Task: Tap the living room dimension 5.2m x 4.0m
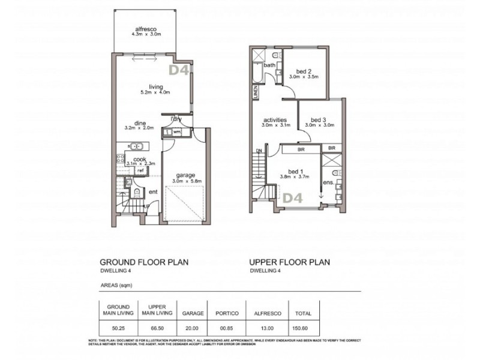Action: pos(155,93)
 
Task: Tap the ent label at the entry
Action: pos(153,192)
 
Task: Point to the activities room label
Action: pos(276,119)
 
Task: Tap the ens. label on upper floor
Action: pos(329,181)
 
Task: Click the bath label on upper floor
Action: pos(269,65)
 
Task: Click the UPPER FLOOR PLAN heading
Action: pos(290,263)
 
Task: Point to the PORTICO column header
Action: pos(227,313)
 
